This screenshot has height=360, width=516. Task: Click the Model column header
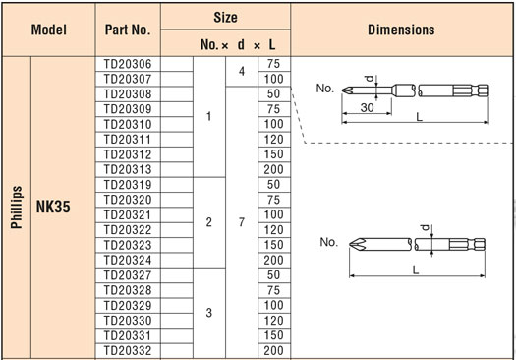(49, 30)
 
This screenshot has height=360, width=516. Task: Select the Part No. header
(128, 30)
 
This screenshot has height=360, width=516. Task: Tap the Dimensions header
(401, 30)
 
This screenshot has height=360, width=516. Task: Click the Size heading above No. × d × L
(225, 17)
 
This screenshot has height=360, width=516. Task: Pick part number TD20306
(128, 64)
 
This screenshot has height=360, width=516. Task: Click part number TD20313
(128, 169)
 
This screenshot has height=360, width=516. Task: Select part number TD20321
(128, 215)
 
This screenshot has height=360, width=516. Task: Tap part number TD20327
(128, 275)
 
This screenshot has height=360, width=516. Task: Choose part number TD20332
(128, 351)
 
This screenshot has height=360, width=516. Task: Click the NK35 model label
(53, 207)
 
